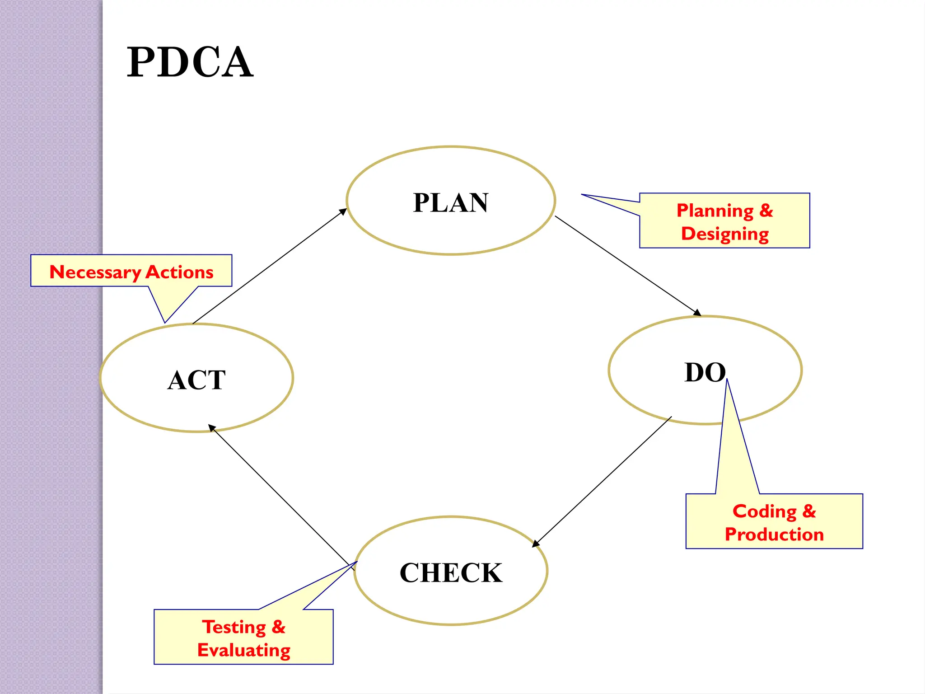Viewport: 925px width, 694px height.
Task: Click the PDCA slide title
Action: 190,62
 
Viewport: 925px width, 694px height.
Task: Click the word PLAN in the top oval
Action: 451,202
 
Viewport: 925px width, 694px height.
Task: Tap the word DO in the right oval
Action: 705,373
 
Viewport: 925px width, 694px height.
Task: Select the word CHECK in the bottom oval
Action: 451,573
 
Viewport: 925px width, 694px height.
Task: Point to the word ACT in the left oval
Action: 196,380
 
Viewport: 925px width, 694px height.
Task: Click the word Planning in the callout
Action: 715,211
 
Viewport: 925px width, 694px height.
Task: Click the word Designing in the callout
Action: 725,234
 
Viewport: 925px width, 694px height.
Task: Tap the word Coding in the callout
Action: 764,511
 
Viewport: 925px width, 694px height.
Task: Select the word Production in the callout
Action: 774,535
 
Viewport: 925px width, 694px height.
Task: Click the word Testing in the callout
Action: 234,627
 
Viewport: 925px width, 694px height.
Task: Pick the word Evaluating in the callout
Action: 244,650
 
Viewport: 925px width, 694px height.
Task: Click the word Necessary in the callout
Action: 95,272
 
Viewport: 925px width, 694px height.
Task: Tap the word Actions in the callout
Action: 180,272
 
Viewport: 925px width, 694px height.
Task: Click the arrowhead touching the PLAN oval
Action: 343,211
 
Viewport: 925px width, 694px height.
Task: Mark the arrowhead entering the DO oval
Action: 697,313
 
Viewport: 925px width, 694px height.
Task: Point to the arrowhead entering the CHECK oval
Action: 536,544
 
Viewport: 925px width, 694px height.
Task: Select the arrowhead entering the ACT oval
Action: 211,427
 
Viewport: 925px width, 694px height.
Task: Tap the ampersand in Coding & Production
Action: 809,511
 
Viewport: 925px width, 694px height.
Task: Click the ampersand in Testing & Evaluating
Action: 278,627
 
